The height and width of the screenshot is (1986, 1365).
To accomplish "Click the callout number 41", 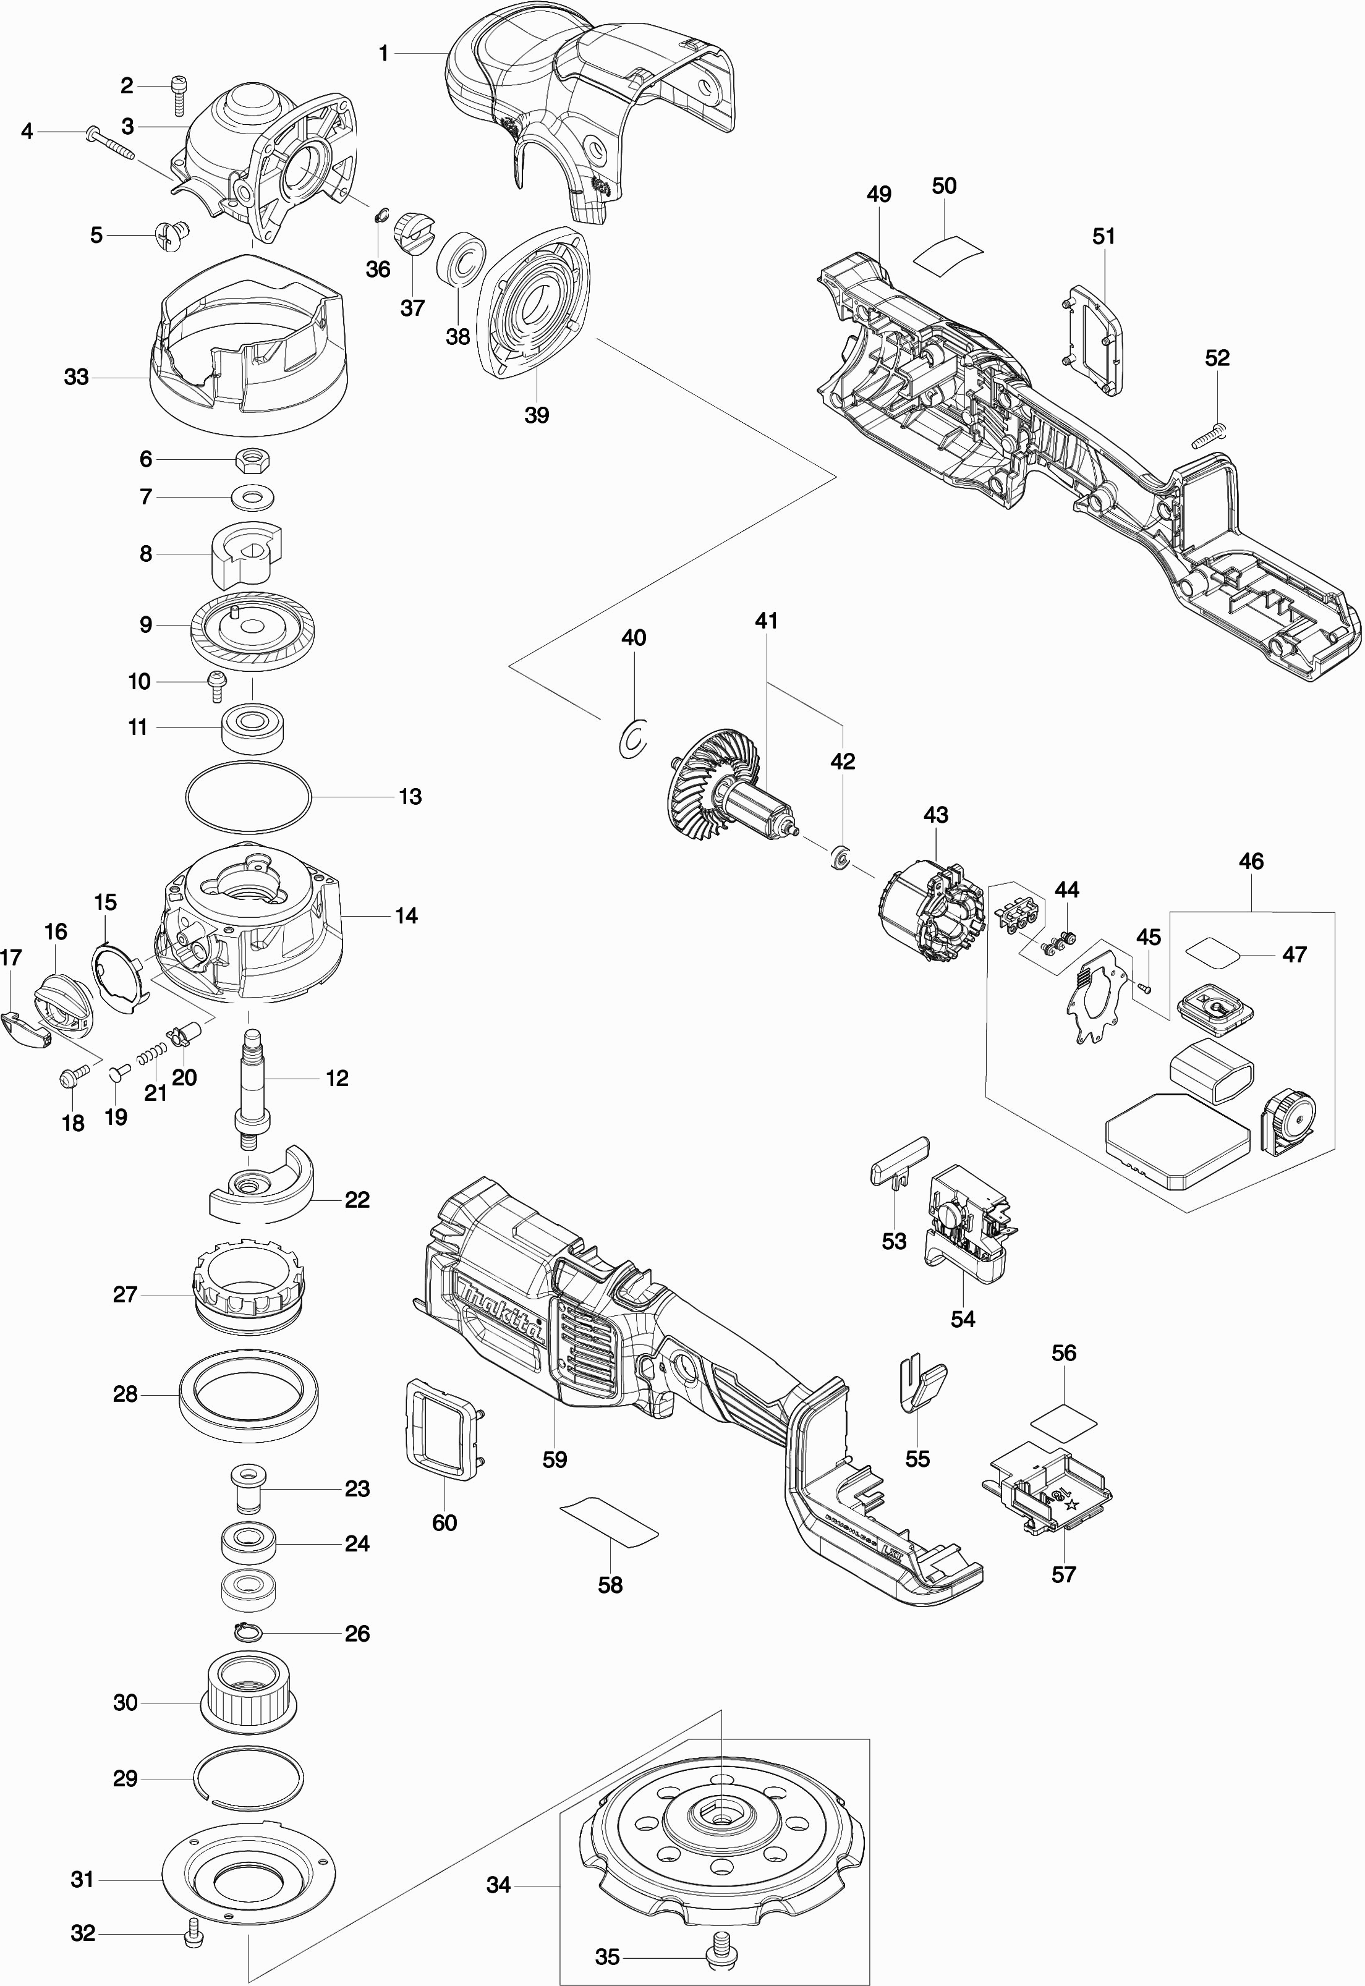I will [767, 621].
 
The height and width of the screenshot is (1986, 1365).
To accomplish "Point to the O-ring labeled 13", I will [248, 797].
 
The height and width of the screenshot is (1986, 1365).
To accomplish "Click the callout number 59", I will [554, 1459].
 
